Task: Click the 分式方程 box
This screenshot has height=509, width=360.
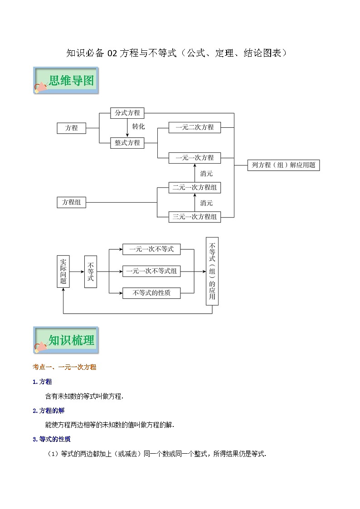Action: click(x=127, y=113)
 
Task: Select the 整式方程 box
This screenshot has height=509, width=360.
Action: click(x=127, y=143)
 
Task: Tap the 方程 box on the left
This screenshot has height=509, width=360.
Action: click(x=72, y=128)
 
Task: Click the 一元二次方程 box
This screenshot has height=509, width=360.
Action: click(x=195, y=128)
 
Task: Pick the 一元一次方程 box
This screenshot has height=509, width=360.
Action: click(x=195, y=158)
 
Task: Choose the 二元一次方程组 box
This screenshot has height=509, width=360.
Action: click(x=195, y=188)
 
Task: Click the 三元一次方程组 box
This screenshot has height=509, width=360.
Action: click(x=195, y=217)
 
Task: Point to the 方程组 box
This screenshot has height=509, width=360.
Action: click(x=72, y=203)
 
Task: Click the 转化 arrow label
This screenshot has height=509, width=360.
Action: click(x=138, y=127)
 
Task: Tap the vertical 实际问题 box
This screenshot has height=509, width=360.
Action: click(x=63, y=271)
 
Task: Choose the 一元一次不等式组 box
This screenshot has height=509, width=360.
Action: click(x=151, y=271)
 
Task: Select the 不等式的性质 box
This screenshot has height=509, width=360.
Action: click(x=151, y=293)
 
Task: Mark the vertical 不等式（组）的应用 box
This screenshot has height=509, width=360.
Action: click(x=212, y=271)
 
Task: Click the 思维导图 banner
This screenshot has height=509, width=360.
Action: click(x=66, y=81)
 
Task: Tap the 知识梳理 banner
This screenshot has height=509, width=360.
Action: click(x=66, y=340)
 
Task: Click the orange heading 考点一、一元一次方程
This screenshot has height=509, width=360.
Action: click(x=64, y=367)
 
